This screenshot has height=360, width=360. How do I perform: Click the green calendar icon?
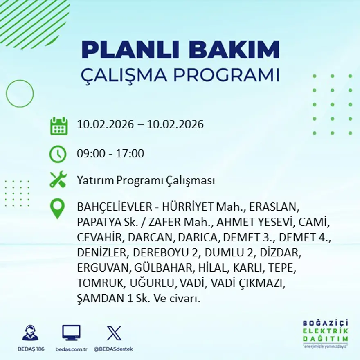click(x=59, y=126)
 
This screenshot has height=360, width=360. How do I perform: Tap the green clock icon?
click(x=58, y=154)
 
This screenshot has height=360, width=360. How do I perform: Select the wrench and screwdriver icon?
click(x=58, y=180)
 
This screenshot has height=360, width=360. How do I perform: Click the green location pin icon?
click(x=57, y=208)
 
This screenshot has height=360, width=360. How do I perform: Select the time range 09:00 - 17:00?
click(x=110, y=154)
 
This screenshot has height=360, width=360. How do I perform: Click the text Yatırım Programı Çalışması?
click(x=146, y=180)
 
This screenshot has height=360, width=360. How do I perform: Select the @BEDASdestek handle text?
click(x=113, y=349)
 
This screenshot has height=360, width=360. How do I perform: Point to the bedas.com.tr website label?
click(x=71, y=349)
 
